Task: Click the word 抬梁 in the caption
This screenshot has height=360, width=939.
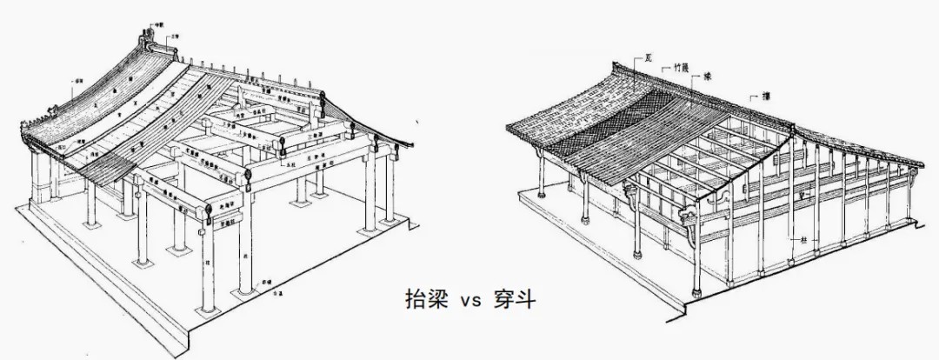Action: click(423, 299)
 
